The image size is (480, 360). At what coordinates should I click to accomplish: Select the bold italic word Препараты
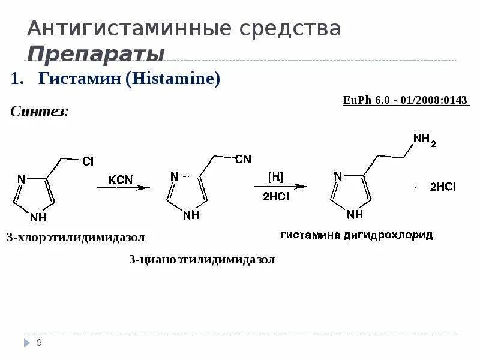[x=96, y=53]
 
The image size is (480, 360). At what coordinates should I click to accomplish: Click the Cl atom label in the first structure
[x=88, y=162]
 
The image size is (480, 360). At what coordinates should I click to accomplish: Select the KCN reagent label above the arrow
[x=122, y=179]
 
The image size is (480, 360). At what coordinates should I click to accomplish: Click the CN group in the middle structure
[x=243, y=159]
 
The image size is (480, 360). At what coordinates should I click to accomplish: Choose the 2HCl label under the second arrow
[x=275, y=196]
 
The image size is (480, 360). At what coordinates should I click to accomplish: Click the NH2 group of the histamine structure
[x=424, y=140]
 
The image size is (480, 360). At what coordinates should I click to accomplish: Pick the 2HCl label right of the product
[x=443, y=187]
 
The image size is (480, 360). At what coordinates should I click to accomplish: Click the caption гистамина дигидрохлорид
[x=356, y=235]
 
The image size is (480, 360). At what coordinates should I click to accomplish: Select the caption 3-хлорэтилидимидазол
[x=76, y=238]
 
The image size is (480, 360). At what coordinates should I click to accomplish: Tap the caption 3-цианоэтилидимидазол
[x=202, y=259]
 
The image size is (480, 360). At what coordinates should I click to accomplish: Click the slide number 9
[x=39, y=343]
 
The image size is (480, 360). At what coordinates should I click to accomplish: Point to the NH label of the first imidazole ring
[x=37, y=217]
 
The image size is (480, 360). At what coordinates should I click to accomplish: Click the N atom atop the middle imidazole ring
[x=174, y=176]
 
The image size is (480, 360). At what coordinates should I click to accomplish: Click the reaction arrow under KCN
[x=124, y=188]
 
